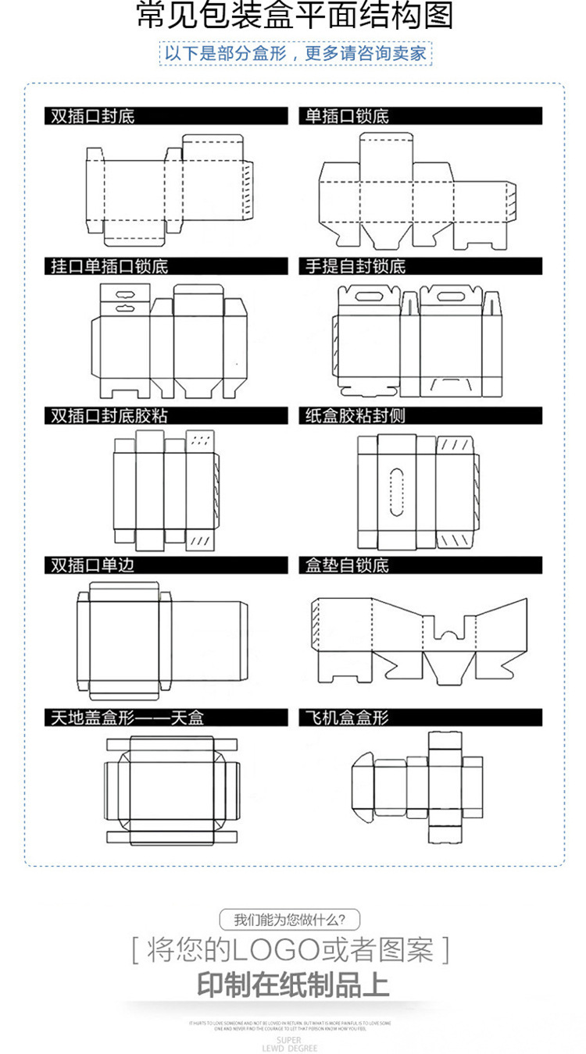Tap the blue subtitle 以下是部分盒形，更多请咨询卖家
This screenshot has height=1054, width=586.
pyautogui.click(x=295, y=54)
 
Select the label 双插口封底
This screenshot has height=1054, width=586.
pyautogui.click(x=93, y=116)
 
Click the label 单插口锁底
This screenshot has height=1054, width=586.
pyautogui.click(x=347, y=116)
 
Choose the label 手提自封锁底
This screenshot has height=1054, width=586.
pyautogui.click(x=356, y=266)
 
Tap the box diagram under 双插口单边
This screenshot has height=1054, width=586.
pyautogui.click(x=161, y=639)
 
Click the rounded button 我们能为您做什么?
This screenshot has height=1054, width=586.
pyautogui.click(x=291, y=920)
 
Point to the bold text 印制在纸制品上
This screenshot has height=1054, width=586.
pyautogui.click(x=293, y=984)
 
